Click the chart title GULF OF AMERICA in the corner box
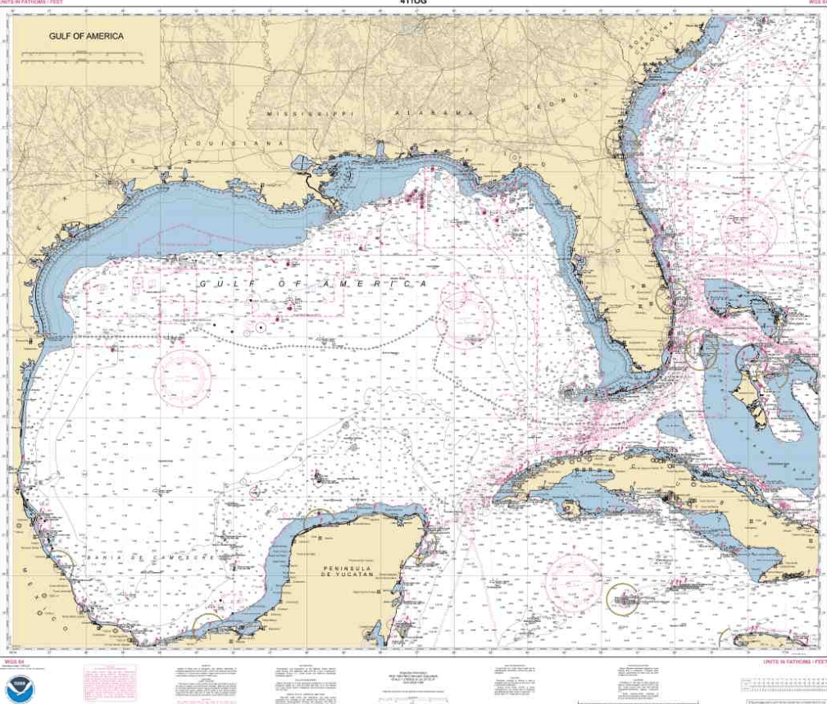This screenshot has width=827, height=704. tap(86, 36)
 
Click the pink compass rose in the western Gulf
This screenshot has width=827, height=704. tap(184, 378)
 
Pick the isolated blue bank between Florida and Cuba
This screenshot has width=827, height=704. tap(675, 425)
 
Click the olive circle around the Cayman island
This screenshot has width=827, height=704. tap(624, 597)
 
